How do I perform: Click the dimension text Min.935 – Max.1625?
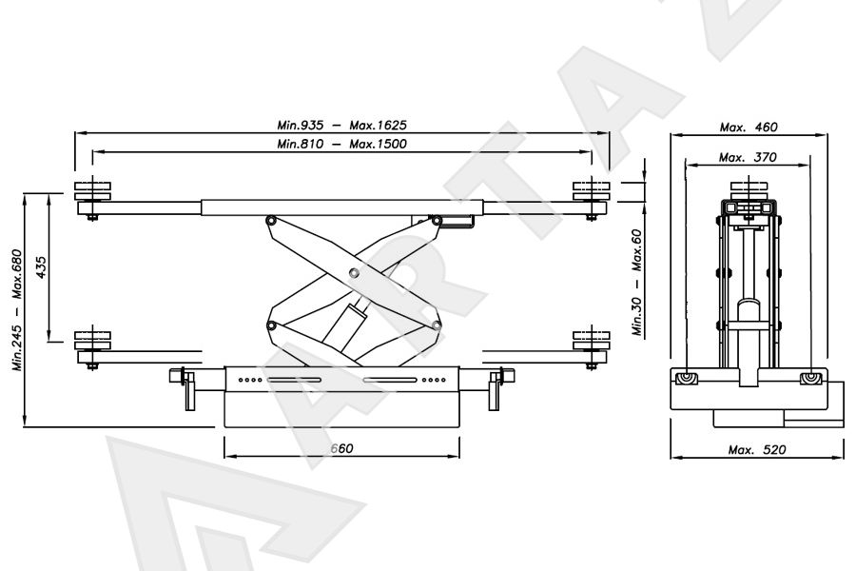pyautogui.click(x=341, y=125)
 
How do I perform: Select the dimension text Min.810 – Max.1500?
pyautogui.click(x=341, y=144)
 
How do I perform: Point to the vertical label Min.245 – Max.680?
pyautogui.click(x=17, y=310)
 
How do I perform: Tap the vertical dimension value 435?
pyautogui.click(x=41, y=267)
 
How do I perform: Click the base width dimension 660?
pyautogui.click(x=342, y=448)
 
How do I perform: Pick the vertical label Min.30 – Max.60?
pyautogui.click(x=636, y=282)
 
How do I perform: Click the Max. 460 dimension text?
pyautogui.click(x=749, y=128)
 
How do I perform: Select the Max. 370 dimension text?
pyautogui.click(x=748, y=157)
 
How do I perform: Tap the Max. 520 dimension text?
pyautogui.click(x=757, y=450)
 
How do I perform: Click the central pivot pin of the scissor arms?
pyautogui.click(x=354, y=272)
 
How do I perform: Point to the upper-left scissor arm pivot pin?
pyautogui.click(x=270, y=221)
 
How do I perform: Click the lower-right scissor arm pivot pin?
pyautogui.click(x=437, y=326)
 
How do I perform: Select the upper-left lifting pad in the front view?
pyautogui.click(x=93, y=190)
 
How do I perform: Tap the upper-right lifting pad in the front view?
pyautogui.click(x=592, y=190)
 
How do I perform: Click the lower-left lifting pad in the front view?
pyautogui.click(x=93, y=340)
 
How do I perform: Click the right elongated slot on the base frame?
pyautogui.click(x=390, y=380)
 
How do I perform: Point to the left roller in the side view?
pyautogui.click(x=685, y=379)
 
